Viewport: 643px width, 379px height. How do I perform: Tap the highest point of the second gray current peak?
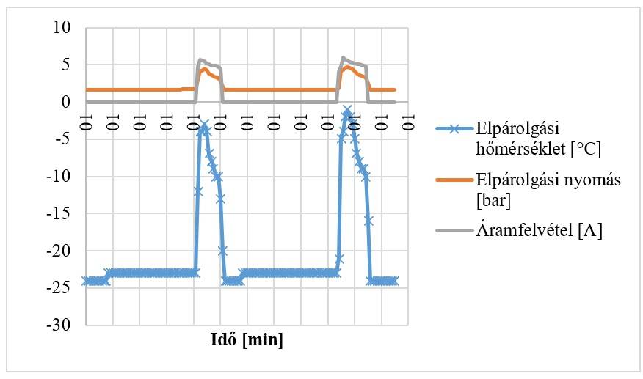pyautogui.click(x=344, y=57)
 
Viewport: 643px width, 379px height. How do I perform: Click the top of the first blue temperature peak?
pyautogui.click(x=205, y=125)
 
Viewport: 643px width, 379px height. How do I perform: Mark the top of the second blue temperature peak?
pyautogui.click(x=347, y=111)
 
